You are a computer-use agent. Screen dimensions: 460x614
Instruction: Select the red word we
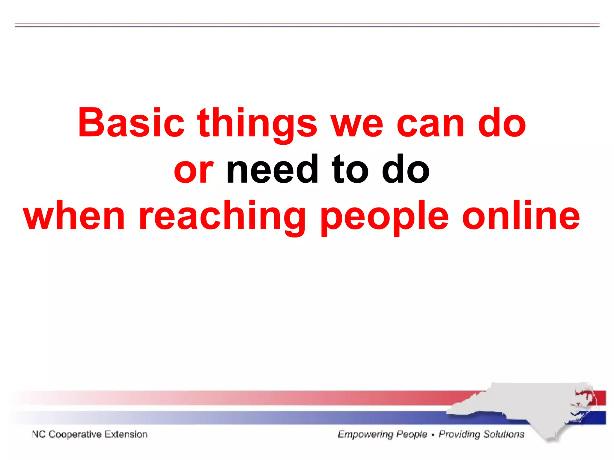click(357, 123)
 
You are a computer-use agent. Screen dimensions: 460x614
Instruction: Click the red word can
click(430, 123)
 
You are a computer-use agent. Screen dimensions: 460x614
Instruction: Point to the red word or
click(194, 170)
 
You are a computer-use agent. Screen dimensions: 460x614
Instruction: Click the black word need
click(272, 170)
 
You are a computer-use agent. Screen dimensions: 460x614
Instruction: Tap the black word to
click(350, 170)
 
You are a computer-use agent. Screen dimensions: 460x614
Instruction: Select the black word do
click(406, 170)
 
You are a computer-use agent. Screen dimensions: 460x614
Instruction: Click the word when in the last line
click(74, 216)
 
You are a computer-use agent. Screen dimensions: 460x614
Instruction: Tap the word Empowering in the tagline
click(365, 434)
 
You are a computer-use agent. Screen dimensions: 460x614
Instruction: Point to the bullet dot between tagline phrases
click(433, 435)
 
